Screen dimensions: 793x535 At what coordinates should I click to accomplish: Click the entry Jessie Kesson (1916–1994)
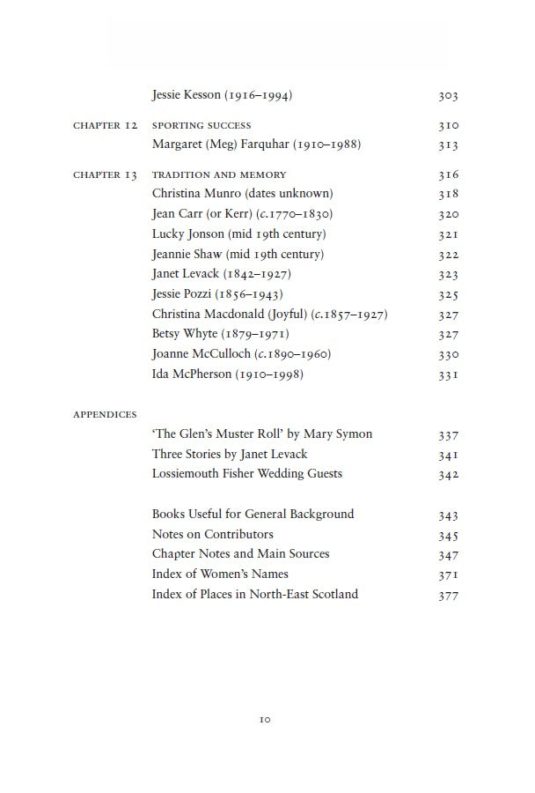(x=222, y=95)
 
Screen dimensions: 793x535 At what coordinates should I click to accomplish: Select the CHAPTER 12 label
(x=105, y=126)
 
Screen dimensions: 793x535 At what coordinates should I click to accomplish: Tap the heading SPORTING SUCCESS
(x=202, y=126)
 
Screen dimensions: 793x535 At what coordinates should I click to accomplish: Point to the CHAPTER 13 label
(x=105, y=175)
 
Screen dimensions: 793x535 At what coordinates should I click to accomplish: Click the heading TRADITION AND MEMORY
(x=219, y=175)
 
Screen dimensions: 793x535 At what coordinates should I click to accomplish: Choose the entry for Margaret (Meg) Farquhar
(x=256, y=145)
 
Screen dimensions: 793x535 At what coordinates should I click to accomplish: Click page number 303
(x=448, y=96)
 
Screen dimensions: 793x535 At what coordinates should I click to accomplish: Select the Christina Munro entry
(x=242, y=194)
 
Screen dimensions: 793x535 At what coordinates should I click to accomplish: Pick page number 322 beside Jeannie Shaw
(x=448, y=255)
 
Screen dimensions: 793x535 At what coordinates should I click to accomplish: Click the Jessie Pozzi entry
(x=217, y=294)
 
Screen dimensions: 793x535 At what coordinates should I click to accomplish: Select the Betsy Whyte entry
(x=220, y=335)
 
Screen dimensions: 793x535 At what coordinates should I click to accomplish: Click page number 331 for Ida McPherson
(x=448, y=375)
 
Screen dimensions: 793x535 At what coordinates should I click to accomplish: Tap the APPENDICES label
(x=105, y=415)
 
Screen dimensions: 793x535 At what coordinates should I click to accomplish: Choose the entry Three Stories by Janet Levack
(x=230, y=455)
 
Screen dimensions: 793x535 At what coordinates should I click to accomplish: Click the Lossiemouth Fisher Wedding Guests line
(x=246, y=474)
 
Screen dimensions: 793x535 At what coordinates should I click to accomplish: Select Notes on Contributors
(x=212, y=535)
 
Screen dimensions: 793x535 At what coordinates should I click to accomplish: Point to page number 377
(x=448, y=596)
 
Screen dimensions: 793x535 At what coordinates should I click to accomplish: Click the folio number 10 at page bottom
(x=265, y=720)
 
